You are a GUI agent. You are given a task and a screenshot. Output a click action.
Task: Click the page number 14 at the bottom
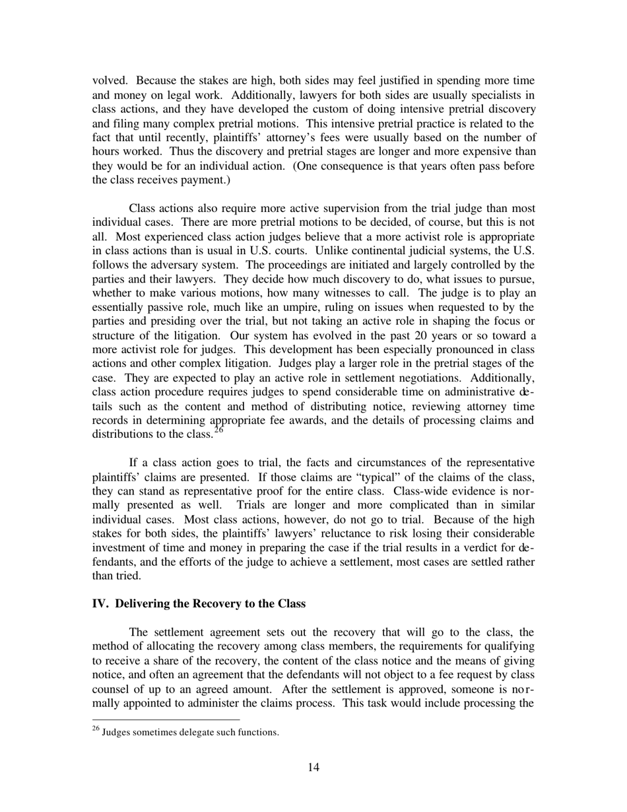click(313, 766)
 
